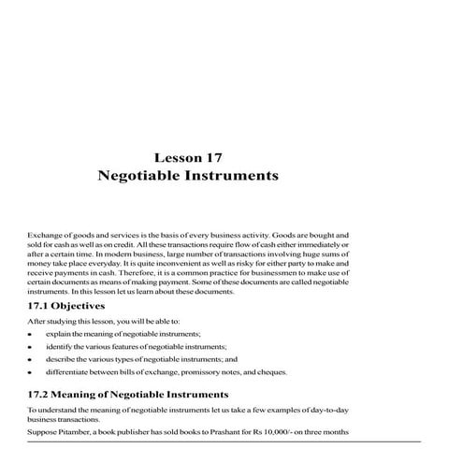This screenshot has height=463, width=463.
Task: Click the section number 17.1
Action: (x=40, y=306)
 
